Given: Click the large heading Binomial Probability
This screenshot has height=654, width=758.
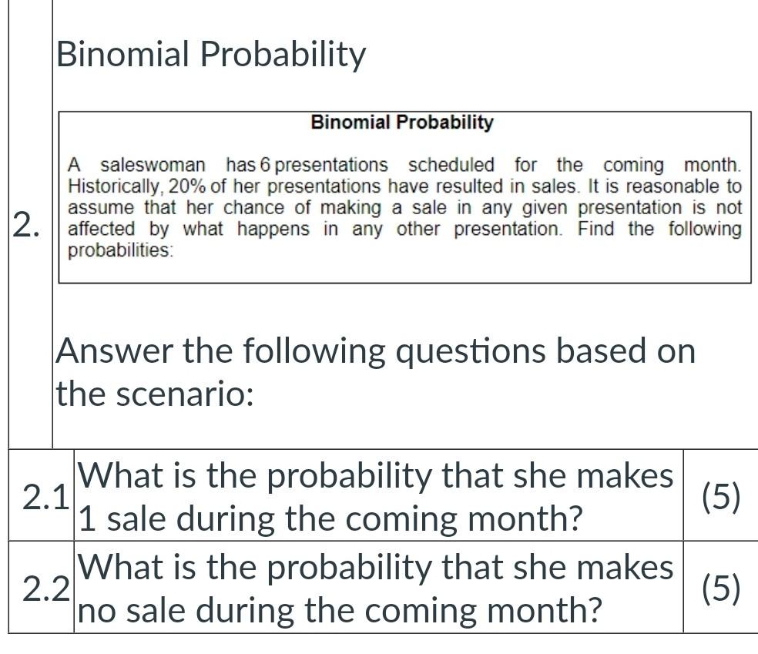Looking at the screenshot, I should [x=211, y=55].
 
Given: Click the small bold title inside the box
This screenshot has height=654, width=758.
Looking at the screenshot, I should [x=402, y=122].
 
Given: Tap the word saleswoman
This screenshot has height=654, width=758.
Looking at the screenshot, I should [x=153, y=165].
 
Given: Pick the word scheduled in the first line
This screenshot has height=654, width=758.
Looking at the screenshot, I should [x=451, y=165].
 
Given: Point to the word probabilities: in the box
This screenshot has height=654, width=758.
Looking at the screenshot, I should [x=121, y=250].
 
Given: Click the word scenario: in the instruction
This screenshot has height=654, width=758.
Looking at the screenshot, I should [x=184, y=395].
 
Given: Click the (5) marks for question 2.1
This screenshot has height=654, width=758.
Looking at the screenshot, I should [x=720, y=497].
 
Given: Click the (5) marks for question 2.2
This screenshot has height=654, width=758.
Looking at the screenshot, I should [x=720, y=589].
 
